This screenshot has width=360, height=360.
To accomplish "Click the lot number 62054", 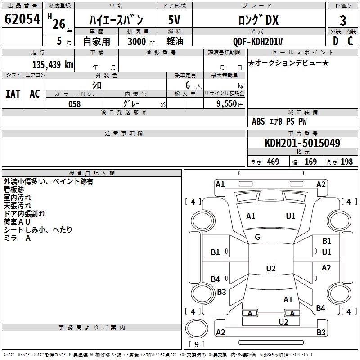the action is pos(22,19).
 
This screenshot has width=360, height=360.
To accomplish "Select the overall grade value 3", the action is pos(343,21).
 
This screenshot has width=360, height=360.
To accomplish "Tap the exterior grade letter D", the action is pos(336,41).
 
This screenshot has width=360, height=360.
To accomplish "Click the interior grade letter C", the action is pos(350,41).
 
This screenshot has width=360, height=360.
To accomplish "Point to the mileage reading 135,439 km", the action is pos(53,64).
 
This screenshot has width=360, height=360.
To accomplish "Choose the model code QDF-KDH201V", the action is pos(258,41).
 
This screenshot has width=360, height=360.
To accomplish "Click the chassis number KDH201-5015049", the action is pos(302,143).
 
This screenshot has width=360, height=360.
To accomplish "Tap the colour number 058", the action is pos(75,104).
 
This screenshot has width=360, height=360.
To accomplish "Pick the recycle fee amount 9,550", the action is pos(227,104).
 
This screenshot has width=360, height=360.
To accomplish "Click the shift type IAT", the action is pos(13,94).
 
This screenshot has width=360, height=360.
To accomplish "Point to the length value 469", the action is pos(273,162).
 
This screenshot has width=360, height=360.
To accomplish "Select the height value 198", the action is pos(346,162).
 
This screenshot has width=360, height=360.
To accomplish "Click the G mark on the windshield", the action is pos(257,237).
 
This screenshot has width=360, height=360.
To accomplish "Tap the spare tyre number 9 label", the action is pos(197,344).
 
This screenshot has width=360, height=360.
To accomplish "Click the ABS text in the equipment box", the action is pos(258,121).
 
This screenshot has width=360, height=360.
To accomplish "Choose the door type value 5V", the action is pos(174,20).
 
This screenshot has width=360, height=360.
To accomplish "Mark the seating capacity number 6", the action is pos(188,85).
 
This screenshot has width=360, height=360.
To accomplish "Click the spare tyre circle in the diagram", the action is pos(197,328).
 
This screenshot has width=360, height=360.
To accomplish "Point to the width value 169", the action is pos(310,162).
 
